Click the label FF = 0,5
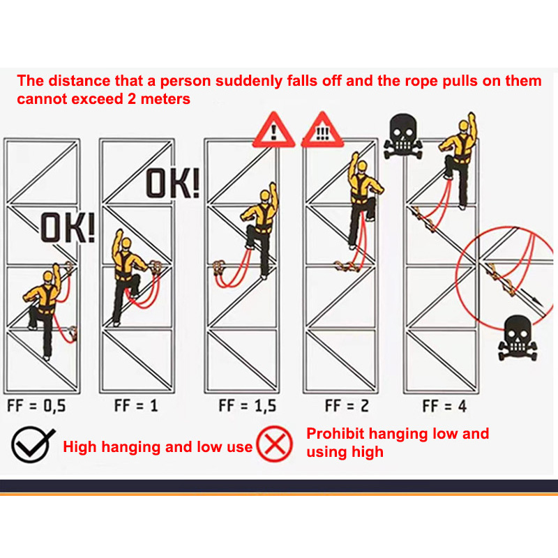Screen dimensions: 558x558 36,406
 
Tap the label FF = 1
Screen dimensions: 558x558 136,406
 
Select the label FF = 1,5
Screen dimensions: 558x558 248,406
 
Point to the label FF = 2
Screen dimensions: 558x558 347,406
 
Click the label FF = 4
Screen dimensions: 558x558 444,406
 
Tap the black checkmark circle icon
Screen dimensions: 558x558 32,444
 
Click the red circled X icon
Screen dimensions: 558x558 274,444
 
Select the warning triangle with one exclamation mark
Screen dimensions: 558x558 273,130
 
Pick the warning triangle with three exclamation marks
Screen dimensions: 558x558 322,130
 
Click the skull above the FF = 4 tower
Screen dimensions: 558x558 403,136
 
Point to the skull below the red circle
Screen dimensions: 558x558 518,338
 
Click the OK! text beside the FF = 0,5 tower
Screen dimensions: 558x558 68,228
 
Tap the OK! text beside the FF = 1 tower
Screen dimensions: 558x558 172,183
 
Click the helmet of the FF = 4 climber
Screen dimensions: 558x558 463,126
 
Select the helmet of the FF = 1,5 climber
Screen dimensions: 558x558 265,195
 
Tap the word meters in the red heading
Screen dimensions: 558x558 165,99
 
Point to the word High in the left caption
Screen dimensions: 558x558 80,447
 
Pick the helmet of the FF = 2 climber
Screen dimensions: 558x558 362,166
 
